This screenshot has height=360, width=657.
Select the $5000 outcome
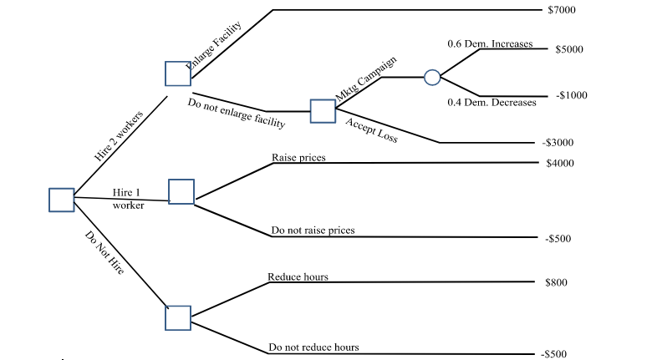pos(568,49)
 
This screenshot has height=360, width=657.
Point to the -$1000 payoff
pos(571,95)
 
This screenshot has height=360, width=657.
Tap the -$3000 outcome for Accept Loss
pos(558,143)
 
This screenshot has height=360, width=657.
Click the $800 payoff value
pos(556,282)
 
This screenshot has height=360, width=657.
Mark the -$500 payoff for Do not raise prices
pos(558,239)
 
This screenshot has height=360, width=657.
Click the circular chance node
pos(432,78)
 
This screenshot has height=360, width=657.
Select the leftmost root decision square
pos(62,200)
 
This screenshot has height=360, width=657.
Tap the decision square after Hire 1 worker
pos(181,192)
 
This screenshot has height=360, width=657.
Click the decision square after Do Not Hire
pos(178,318)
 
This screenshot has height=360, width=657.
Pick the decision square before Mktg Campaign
pos(323,111)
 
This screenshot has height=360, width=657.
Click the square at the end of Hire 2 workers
pos(178,74)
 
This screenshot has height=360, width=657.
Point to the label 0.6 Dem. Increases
pos(490,43)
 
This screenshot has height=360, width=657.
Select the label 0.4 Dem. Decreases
pos(491,102)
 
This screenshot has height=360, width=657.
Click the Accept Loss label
pos(372,130)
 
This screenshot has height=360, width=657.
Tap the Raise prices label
pos(298,157)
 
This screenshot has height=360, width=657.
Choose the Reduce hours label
pos(298,276)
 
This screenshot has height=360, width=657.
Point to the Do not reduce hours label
pos(313,347)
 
